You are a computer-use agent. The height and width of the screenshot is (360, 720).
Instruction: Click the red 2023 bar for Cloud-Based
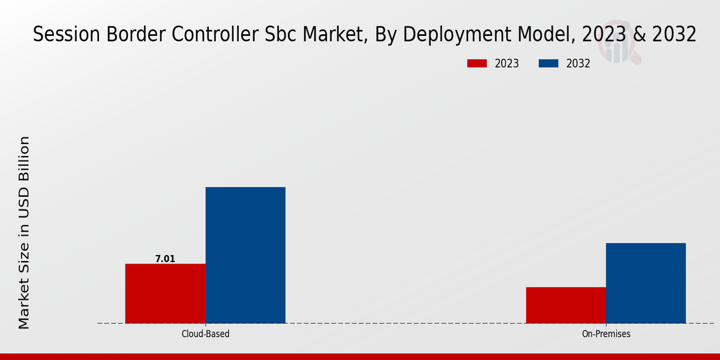[165, 293]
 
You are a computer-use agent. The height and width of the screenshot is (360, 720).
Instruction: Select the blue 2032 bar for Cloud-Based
[245, 255]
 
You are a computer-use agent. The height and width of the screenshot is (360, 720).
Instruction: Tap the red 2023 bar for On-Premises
[566, 305]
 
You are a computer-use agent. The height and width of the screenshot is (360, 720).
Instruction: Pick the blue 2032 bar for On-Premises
[646, 283]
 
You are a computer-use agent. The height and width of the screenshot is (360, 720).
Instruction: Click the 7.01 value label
[165, 259]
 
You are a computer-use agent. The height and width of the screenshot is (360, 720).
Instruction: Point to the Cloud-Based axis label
[205, 334]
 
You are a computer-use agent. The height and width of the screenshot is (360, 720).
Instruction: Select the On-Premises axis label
[606, 334]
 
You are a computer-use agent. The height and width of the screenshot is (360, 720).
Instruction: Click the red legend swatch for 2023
[477, 64]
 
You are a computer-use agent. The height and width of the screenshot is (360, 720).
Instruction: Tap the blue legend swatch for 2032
[549, 64]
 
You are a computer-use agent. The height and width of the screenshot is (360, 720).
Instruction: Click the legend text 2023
[507, 64]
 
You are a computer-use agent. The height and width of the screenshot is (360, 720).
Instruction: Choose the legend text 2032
[578, 64]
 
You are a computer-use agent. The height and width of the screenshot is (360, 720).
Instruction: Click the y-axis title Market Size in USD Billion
[24, 233]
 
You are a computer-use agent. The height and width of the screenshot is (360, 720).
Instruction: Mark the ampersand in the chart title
[640, 35]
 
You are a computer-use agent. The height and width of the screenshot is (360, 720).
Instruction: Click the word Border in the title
[136, 35]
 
